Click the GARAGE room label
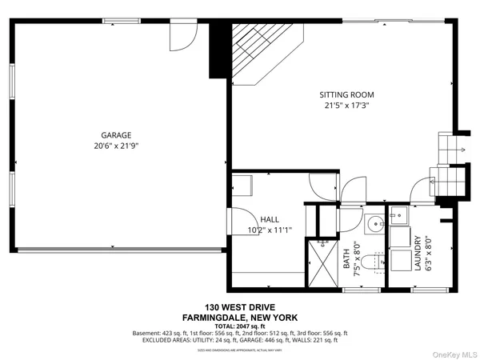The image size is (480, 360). point(116,135)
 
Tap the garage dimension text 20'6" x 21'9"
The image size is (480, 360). point(116,146)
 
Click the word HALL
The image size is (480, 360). point(270,218)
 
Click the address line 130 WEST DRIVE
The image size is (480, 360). point(239,307)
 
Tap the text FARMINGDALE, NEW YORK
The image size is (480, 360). point(239,317)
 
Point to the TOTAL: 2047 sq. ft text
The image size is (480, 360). point(239,326)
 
